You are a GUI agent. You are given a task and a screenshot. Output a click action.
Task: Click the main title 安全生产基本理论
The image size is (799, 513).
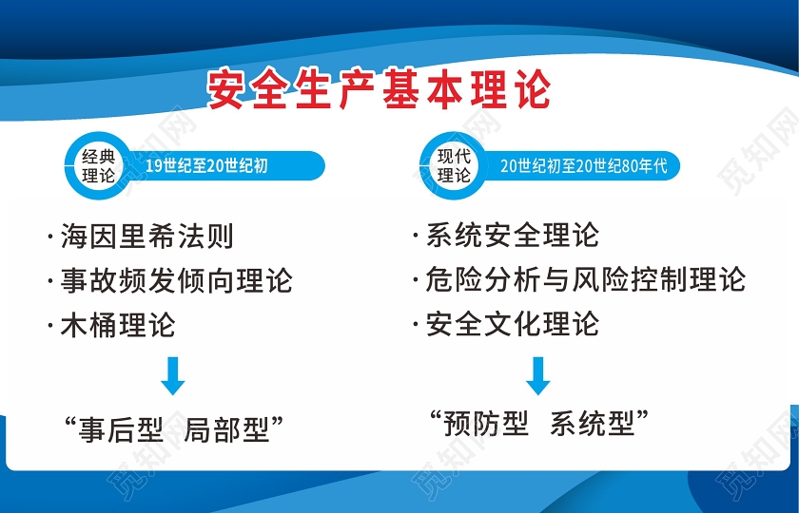pos(379,91)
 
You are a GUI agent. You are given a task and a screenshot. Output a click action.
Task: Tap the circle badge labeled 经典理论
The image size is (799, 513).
pos(98,166)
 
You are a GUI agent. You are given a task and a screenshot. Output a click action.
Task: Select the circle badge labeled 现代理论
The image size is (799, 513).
pos(454,166)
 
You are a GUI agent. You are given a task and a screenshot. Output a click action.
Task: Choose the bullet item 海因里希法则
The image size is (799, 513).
pos(146,236)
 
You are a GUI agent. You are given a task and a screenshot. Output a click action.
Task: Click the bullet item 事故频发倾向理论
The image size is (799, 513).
pos(176,280)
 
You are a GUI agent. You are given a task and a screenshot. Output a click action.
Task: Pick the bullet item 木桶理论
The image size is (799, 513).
pos(118,325)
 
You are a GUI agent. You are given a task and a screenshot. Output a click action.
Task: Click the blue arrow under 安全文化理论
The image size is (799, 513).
pos(537,375)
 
